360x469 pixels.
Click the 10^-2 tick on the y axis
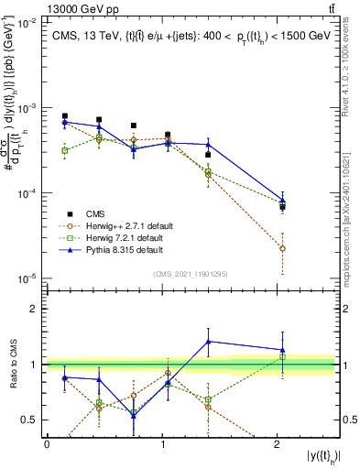tap(29, 24)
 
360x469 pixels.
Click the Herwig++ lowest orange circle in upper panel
tap(282, 248)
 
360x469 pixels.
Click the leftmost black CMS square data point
tap(64, 116)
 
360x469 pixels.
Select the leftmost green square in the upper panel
tap(64, 150)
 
